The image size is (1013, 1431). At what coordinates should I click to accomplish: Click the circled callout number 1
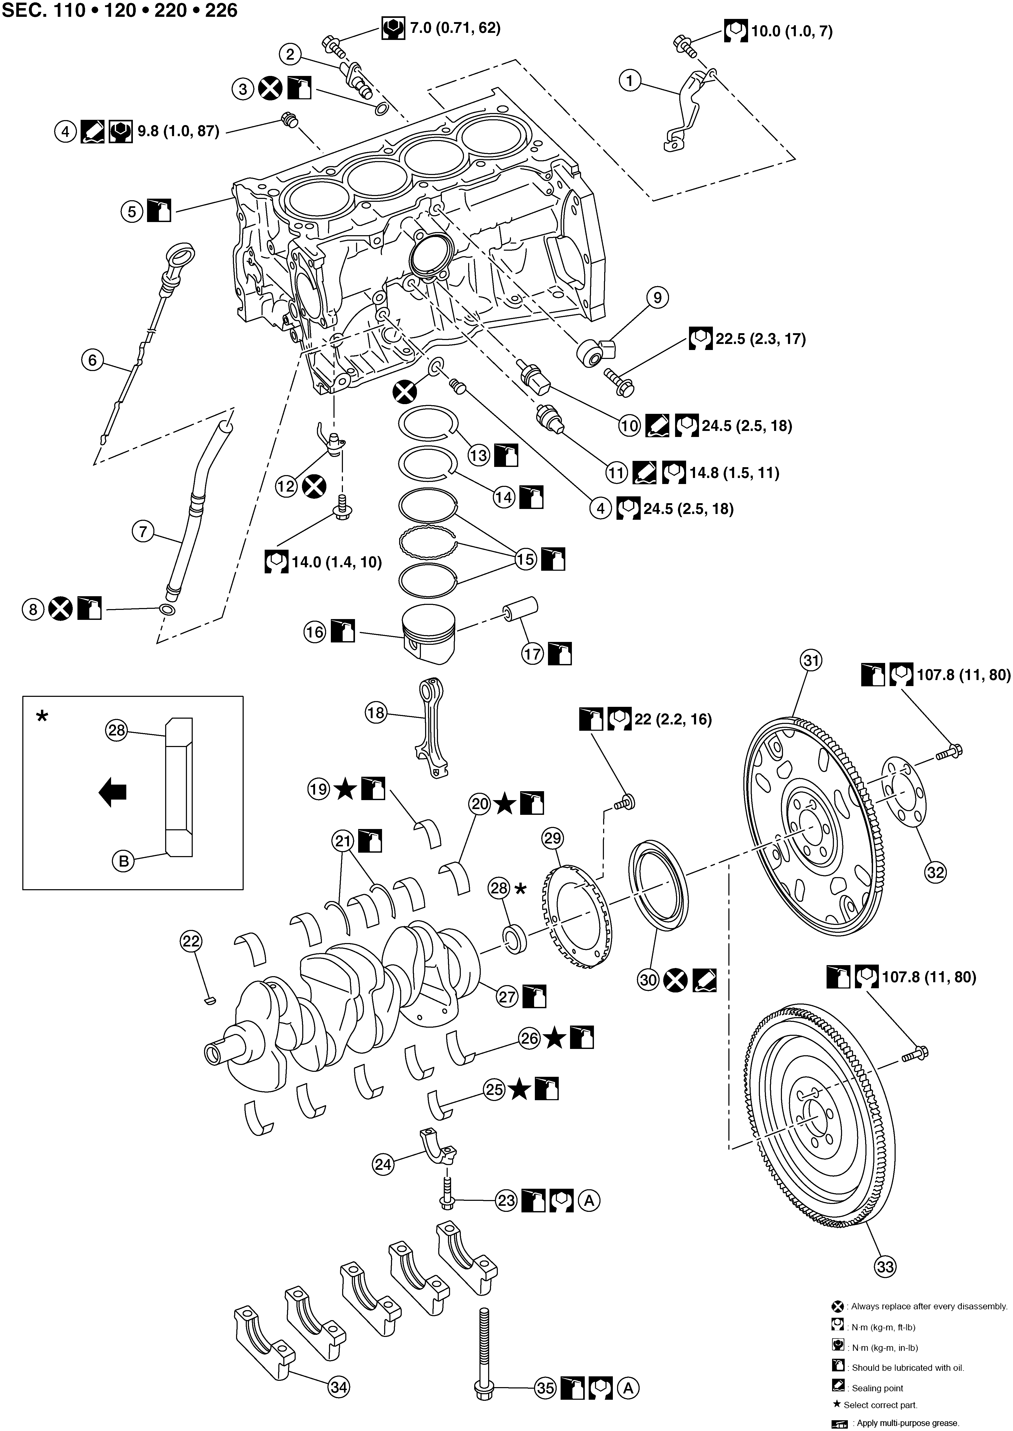[x=630, y=80]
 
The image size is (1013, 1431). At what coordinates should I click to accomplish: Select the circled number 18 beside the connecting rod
[x=376, y=713]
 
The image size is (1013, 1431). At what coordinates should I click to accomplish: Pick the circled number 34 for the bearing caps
[x=339, y=1387]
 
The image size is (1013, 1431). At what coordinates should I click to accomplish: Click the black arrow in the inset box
[x=113, y=792]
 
